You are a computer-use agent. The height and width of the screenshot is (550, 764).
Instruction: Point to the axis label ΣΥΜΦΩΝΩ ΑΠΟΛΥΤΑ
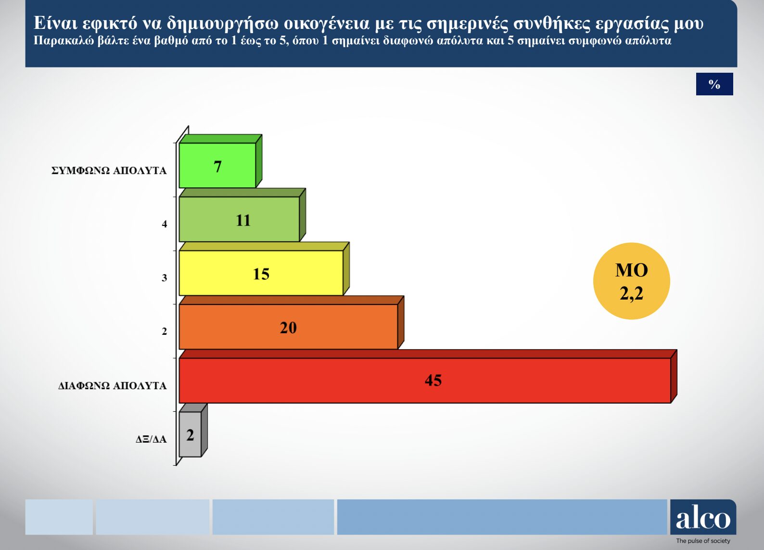click(x=109, y=170)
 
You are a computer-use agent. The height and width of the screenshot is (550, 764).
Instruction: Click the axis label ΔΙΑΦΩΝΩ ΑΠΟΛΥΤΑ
click(x=112, y=386)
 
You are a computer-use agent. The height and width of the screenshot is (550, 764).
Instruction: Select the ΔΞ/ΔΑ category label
click(x=151, y=439)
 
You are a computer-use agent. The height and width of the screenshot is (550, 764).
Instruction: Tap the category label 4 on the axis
click(x=165, y=224)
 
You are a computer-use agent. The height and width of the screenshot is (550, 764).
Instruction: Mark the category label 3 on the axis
click(x=165, y=278)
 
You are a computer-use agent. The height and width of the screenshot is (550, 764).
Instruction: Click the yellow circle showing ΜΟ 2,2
click(x=632, y=281)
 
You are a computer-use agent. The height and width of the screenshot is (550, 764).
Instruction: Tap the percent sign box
click(x=714, y=84)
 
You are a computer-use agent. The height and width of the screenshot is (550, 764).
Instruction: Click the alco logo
click(x=703, y=517)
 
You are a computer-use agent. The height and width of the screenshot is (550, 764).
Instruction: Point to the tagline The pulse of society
click(x=703, y=541)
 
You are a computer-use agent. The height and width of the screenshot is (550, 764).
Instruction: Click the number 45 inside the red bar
click(x=433, y=380)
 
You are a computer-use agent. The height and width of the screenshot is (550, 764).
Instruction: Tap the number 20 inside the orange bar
click(x=289, y=328)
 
